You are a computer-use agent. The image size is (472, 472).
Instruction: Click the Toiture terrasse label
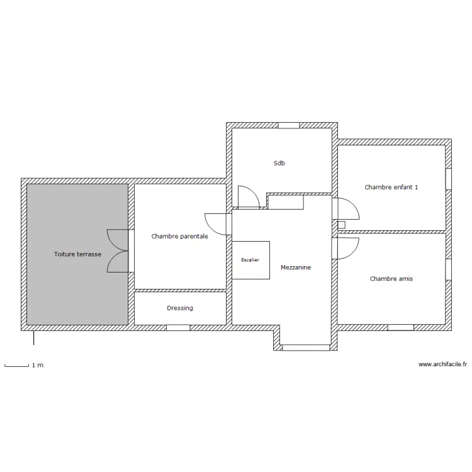(77, 254)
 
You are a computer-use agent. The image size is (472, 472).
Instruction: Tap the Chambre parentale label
(179, 236)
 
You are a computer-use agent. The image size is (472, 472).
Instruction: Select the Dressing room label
(180, 308)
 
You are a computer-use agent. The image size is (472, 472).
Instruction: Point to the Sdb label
(279, 163)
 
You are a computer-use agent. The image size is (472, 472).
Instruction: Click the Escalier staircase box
(250, 260)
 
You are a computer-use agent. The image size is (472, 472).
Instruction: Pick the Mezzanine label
(296, 267)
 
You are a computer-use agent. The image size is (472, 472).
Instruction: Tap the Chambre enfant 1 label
(391, 188)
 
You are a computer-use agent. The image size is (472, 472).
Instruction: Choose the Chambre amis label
(391, 279)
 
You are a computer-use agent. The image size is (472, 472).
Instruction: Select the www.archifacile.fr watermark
(442, 364)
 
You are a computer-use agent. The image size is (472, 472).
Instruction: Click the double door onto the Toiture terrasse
(118, 251)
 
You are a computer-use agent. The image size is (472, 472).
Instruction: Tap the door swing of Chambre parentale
(215, 224)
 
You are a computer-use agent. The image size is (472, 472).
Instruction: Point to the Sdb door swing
(249, 196)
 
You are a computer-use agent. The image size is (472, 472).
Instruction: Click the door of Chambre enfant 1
(348, 208)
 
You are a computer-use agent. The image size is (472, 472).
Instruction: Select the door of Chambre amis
(348, 249)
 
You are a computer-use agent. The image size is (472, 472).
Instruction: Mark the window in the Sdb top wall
(289, 125)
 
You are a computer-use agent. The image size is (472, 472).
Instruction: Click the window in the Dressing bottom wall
(178, 327)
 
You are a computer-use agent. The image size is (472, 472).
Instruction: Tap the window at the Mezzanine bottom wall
(306, 347)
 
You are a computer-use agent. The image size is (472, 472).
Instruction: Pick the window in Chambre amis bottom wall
(401, 327)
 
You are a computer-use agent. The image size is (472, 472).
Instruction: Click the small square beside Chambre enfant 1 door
(341, 225)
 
